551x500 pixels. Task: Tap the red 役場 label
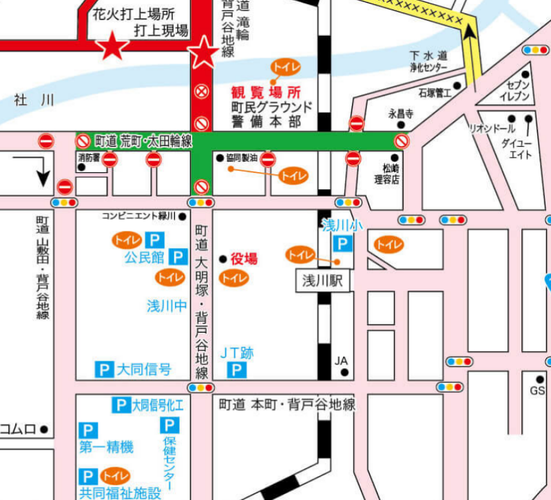[x=244, y=259]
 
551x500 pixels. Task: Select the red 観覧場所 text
[x=266, y=92]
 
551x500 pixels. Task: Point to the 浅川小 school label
[x=342, y=225]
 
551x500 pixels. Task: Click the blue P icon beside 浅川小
[x=342, y=243]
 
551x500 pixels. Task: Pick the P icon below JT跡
[x=237, y=371]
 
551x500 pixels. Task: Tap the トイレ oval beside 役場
[x=233, y=278]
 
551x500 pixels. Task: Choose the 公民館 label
[x=144, y=258]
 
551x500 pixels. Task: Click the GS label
[x=537, y=390]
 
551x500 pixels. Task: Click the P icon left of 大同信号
[x=103, y=370]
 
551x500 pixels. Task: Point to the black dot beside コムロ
[x=44, y=429]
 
